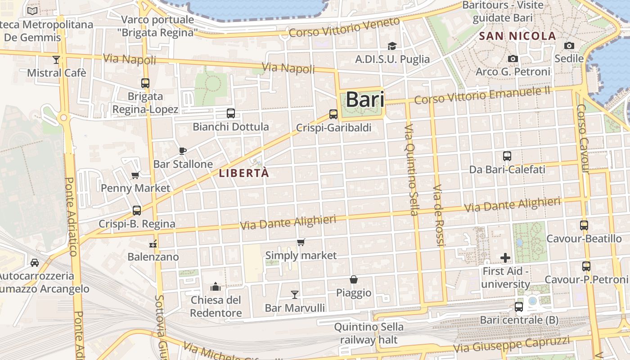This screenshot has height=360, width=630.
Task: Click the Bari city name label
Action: point(365,99)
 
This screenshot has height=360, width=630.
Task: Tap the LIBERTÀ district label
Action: point(244,173)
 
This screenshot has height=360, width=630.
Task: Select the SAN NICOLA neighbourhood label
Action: point(517,36)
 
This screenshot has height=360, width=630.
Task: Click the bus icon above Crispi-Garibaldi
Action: point(333,114)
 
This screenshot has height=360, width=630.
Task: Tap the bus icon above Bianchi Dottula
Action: point(231,113)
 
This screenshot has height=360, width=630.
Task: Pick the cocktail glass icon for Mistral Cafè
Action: point(56,59)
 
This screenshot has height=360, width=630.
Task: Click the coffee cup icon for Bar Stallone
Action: point(183,151)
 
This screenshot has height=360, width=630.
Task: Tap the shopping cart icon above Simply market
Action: point(301,243)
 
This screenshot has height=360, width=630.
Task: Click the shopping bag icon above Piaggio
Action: point(354,279)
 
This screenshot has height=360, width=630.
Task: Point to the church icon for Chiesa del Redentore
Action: point(216,287)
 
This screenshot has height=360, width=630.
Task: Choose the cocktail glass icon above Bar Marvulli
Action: point(295,295)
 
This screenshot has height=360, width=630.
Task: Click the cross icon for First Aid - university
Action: point(505,258)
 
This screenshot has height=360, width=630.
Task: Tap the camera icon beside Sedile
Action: point(569,45)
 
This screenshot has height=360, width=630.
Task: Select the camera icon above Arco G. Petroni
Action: point(513,58)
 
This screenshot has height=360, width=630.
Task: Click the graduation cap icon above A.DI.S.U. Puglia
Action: point(392,46)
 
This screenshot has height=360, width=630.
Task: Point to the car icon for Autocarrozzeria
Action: point(35,262)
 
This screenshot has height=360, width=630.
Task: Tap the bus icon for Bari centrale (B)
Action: point(519,307)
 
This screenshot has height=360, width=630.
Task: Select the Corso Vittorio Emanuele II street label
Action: point(482,95)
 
